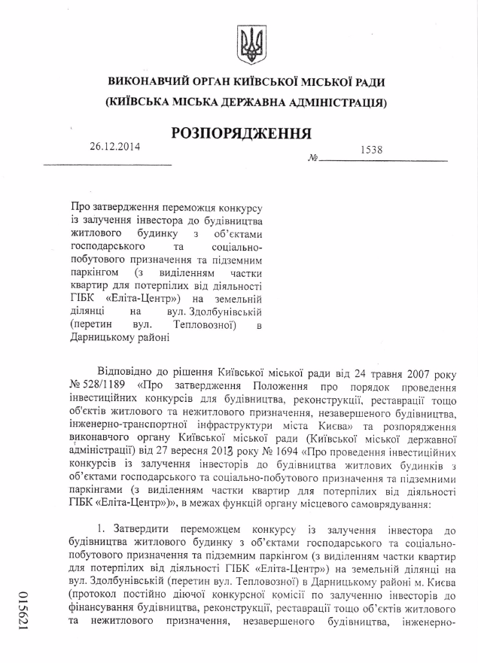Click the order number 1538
[x=371, y=150]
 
